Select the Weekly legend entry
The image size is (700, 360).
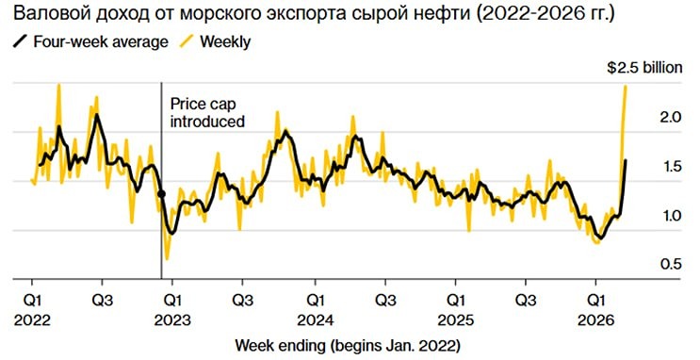pos(220,42)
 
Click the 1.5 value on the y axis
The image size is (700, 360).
pos(670,167)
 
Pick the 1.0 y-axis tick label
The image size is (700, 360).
pos(670,216)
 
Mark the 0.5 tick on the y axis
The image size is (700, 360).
pos(670,265)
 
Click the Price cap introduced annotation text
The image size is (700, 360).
pos(206,113)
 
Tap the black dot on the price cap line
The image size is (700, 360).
pos(161,194)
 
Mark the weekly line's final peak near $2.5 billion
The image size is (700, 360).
pos(626,87)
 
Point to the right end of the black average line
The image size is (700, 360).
pos(626,161)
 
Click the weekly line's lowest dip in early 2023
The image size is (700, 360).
pos(168,257)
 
